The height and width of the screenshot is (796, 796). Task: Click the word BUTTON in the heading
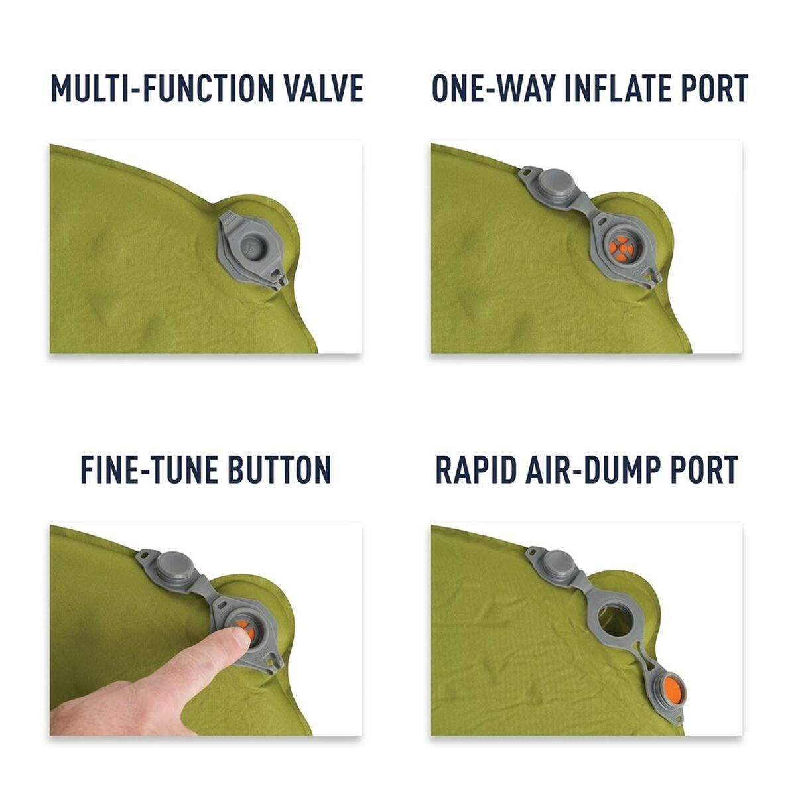[279, 470]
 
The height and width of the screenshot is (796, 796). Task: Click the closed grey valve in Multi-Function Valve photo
[255, 243]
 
